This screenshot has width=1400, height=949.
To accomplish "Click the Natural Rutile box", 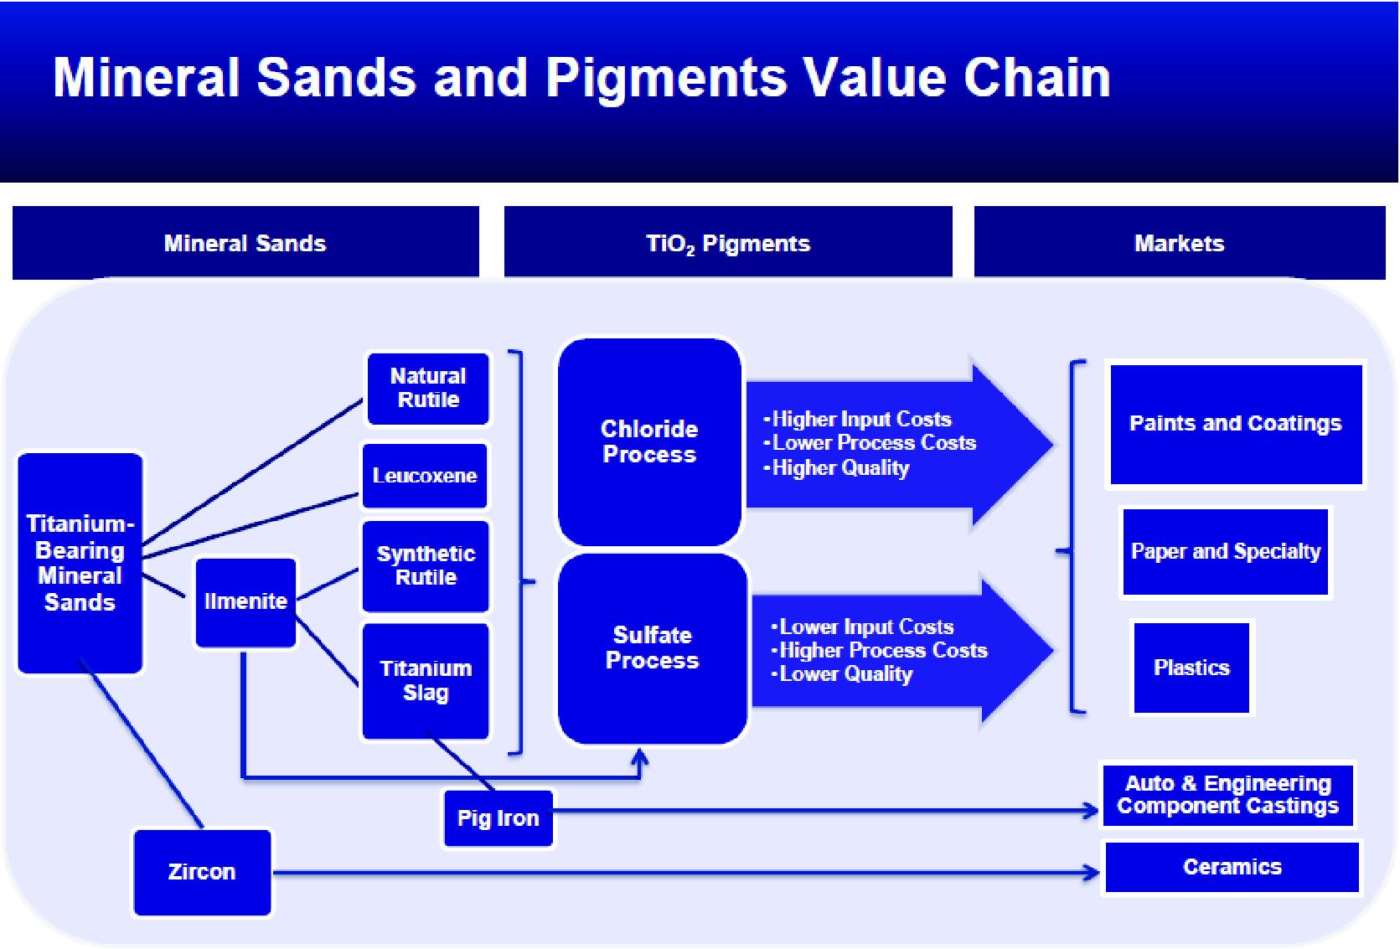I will pos(428,389).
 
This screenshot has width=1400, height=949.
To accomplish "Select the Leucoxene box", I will pos(425,476).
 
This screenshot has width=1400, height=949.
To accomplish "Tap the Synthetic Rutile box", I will pos(426,566).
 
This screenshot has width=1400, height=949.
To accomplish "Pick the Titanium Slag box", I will pos(426,681).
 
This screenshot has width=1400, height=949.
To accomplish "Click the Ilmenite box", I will pos(245,601).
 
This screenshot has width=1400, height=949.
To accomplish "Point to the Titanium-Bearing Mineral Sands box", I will pos(80,563).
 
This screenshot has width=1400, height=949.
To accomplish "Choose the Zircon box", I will pos(202,872).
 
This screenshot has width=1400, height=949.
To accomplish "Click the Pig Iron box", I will pos(498,818).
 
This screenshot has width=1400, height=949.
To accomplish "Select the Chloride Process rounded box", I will pos(649,441).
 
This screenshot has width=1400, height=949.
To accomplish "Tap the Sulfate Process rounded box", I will pos(652,647).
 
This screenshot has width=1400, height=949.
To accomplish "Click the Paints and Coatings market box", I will pos(1236,424).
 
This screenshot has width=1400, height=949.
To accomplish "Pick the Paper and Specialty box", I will pos(1226,552).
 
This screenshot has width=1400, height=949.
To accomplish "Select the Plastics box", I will pos(1191,668).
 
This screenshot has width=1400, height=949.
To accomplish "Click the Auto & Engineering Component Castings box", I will pos(1227,795).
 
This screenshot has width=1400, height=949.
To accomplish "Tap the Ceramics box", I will pos(1232,867).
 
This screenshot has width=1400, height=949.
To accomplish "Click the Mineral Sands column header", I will pos(245,243).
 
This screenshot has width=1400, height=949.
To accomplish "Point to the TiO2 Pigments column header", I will pos(728,243).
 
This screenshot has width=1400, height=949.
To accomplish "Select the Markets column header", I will pos(1179,243).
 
